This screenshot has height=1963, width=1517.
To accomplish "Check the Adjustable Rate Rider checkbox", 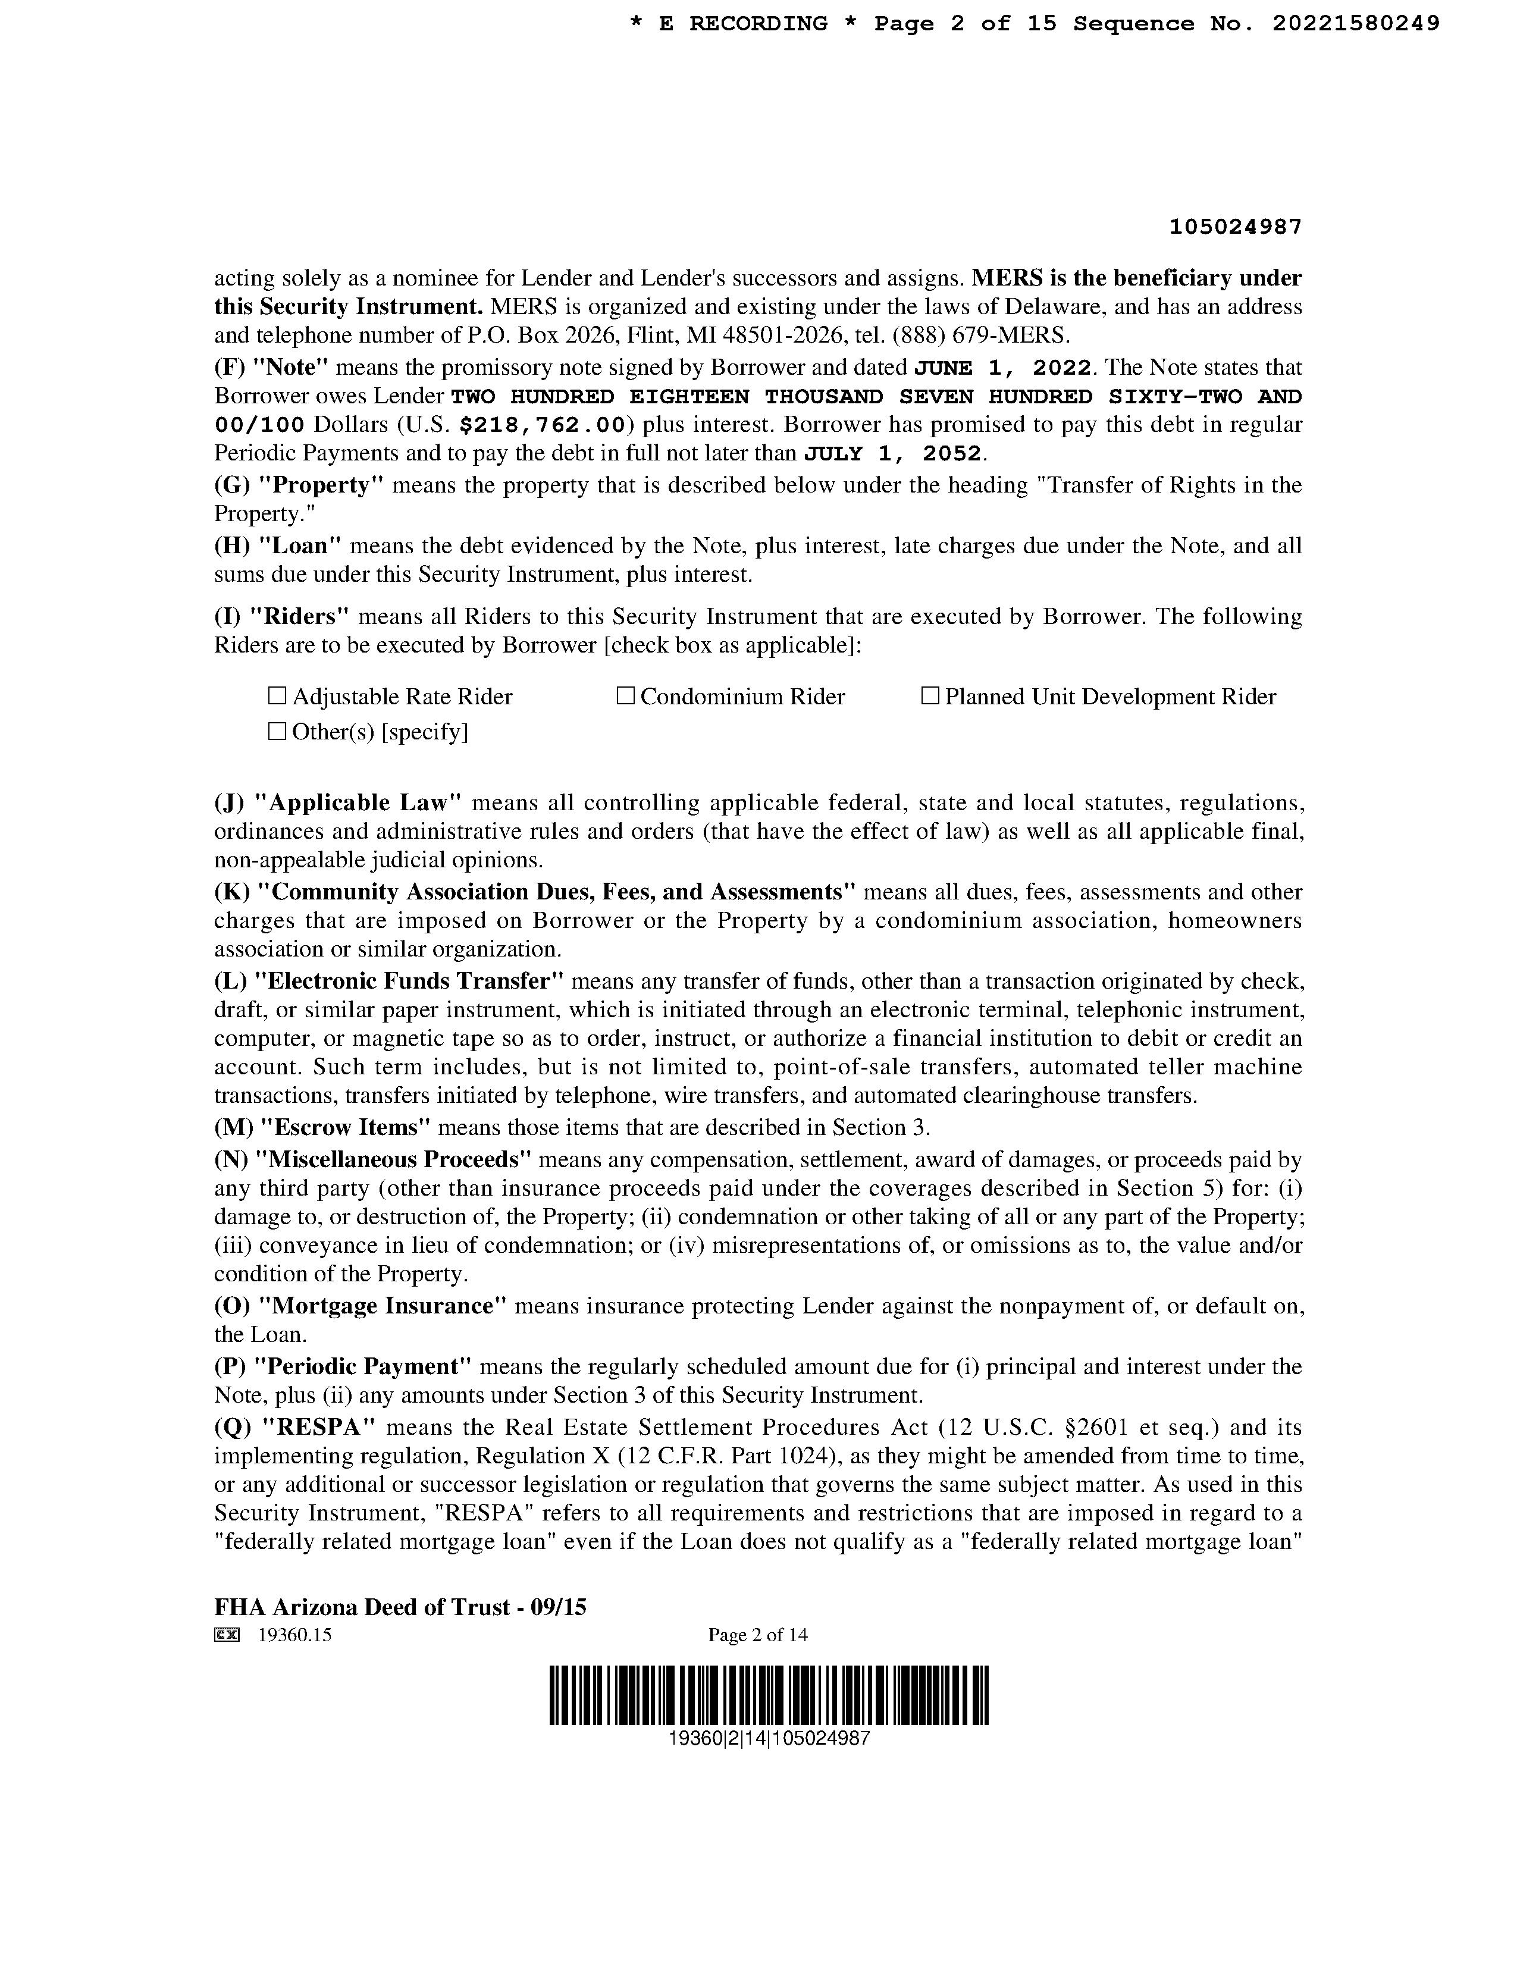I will coord(277,696).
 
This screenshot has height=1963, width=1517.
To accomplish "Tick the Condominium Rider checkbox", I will coord(625,696).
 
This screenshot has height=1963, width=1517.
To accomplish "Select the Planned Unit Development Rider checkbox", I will coord(930,696).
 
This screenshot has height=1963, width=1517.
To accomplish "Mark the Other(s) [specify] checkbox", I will coord(277,732).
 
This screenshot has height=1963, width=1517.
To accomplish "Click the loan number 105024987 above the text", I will coord(1235,227).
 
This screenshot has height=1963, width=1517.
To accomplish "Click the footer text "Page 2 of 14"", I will coord(757,1635).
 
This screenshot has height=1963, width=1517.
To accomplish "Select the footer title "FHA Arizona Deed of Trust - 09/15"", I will coord(400,1606).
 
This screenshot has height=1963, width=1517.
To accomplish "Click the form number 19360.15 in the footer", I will coord(294,1635).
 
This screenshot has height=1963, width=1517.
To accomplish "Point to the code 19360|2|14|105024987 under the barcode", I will coord(769,1738).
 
